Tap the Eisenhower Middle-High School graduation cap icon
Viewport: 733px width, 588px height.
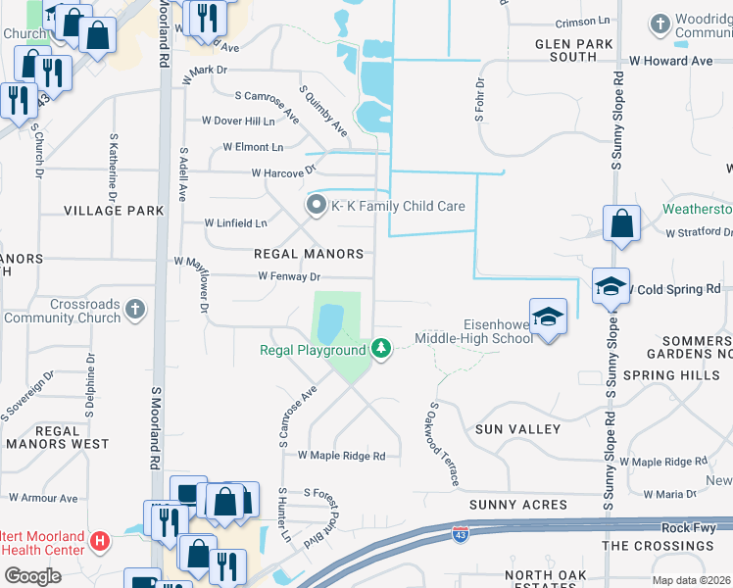(549, 316)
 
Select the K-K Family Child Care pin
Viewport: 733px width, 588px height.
(316, 206)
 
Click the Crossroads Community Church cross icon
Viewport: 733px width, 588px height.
(135, 310)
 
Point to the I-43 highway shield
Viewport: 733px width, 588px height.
(460, 534)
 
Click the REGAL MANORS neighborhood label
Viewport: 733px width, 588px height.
(309, 254)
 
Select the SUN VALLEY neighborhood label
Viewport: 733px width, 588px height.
(517, 429)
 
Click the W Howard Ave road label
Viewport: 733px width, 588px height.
(671, 61)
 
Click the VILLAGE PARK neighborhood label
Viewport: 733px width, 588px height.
(114, 211)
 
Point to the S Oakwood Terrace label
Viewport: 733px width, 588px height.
(443, 444)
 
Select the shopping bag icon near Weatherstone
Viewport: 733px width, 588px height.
(621, 223)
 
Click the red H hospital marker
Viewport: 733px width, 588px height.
(98, 540)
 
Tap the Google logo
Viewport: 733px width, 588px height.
(32, 576)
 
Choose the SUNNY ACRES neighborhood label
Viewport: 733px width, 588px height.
(517, 505)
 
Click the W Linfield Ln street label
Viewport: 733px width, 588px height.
(235, 223)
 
